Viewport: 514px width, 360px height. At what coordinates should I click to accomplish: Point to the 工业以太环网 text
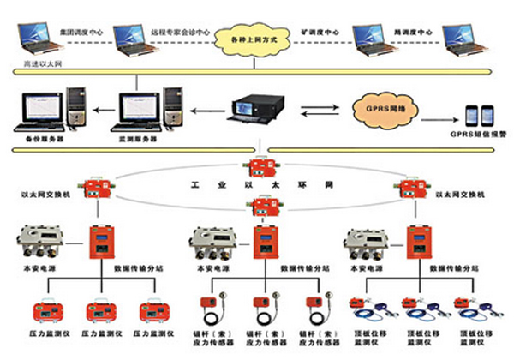click(257, 184)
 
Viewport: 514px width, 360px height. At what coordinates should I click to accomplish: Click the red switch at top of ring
click(256, 165)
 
